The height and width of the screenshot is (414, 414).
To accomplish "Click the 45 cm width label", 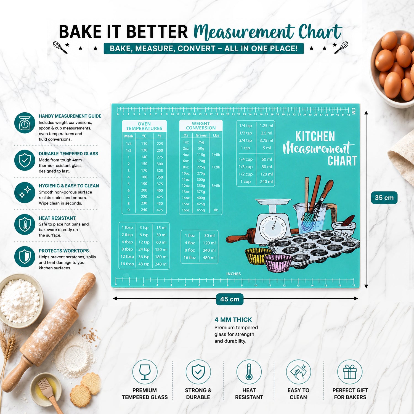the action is [x=230, y=299].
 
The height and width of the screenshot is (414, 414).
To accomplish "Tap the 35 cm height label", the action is [x=384, y=198].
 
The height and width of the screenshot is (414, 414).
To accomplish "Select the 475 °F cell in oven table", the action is [x=160, y=210].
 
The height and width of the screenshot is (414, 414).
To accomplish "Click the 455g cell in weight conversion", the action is [x=201, y=210].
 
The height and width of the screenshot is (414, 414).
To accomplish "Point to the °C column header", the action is [x=144, y=136].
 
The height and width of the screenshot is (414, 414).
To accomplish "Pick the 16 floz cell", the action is [x=190, y=258].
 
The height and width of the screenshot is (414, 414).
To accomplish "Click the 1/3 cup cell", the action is [x=246, y=167].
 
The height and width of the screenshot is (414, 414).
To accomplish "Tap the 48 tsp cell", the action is [x=144, y=264].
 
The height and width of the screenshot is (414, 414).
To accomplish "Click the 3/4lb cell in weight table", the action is [x=216, y=186].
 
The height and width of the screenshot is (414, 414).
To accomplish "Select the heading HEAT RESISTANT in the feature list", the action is [x=57, y=218].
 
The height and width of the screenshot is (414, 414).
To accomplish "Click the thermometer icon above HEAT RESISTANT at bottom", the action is [x=249, y=372].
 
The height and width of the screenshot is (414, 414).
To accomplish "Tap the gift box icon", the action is [x=350, y=372].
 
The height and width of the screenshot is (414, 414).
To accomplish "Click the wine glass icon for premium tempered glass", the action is [x=145, y=372].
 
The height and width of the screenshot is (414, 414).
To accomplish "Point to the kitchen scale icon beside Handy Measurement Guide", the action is [x=25, y=123].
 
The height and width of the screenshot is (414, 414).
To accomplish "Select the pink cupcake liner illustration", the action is [x=278, y=263].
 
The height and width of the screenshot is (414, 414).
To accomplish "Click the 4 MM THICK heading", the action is [x=233, y=320].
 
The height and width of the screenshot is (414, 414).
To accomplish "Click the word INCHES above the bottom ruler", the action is [x=233, y=274].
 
